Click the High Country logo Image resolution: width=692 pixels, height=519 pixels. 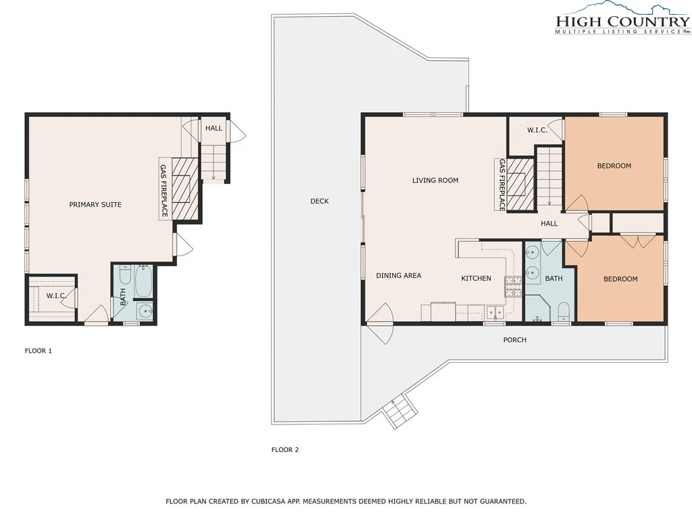pos(622,18)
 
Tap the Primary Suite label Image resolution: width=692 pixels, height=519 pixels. pos(95,205)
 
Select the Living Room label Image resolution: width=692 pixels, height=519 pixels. pos(435,180)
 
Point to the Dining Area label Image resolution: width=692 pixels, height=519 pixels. pos(399,276)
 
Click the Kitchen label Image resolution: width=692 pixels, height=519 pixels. pos(476,278)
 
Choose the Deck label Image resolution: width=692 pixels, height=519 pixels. pos(320,201)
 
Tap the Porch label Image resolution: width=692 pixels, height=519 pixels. pos(515,340)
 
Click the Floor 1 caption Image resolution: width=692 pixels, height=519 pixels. pos(38,351)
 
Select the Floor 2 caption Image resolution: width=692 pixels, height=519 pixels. pos(285,449)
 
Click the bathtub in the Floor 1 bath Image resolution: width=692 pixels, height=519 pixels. pos(143,281)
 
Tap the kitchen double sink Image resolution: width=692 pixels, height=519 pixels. pos(495,312)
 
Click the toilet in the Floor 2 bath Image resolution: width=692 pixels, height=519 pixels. pos(564,312)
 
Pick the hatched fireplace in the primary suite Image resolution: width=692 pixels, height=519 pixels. pos(185,188)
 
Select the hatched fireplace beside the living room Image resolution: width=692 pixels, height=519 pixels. pos(520,185)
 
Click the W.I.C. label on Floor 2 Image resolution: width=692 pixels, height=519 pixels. pos(537,130)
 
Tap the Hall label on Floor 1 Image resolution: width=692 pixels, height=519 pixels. pos(214,128)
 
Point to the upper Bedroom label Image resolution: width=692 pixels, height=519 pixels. pos(614,166)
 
